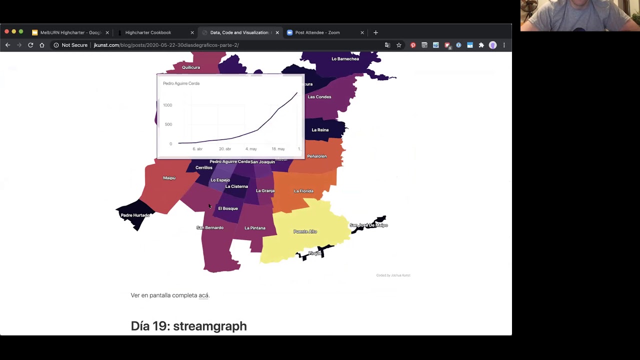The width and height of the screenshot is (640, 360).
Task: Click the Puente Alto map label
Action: pos(305,231)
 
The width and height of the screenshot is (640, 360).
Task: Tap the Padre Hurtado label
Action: pos(135,215)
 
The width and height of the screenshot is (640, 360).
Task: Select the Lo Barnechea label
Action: pos(345,59)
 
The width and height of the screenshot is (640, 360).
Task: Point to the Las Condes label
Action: pos(319,97)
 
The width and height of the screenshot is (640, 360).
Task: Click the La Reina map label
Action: pos(320,130)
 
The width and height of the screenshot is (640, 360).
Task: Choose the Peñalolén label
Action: pos(316,156)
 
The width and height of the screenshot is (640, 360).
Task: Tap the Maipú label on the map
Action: pos(169,178)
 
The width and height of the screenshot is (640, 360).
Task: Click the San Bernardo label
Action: pos(210,227)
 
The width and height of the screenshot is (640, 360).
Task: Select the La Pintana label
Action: pos(255,228)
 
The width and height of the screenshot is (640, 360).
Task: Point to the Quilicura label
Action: pos(191,67)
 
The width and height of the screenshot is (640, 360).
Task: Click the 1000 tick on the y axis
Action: pos(167,105)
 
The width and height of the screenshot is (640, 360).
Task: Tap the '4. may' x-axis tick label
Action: pos(251,149)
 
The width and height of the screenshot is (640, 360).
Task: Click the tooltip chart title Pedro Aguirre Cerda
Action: pos(181,83)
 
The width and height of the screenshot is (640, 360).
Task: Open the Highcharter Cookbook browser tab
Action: pos(148,32)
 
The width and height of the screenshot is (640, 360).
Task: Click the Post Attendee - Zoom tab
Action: pos(317,32)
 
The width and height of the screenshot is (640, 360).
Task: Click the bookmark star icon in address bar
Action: pos(399,45)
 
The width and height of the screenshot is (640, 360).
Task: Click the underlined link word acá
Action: pos(203,295)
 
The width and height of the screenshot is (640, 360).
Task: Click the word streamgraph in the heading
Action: pos(210,326)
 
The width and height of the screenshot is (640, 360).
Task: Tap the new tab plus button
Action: pos(375,32)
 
